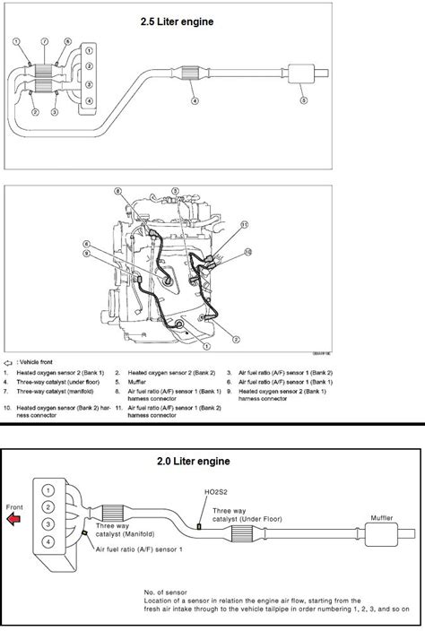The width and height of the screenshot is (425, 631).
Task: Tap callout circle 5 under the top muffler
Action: (x=301, y=101)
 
